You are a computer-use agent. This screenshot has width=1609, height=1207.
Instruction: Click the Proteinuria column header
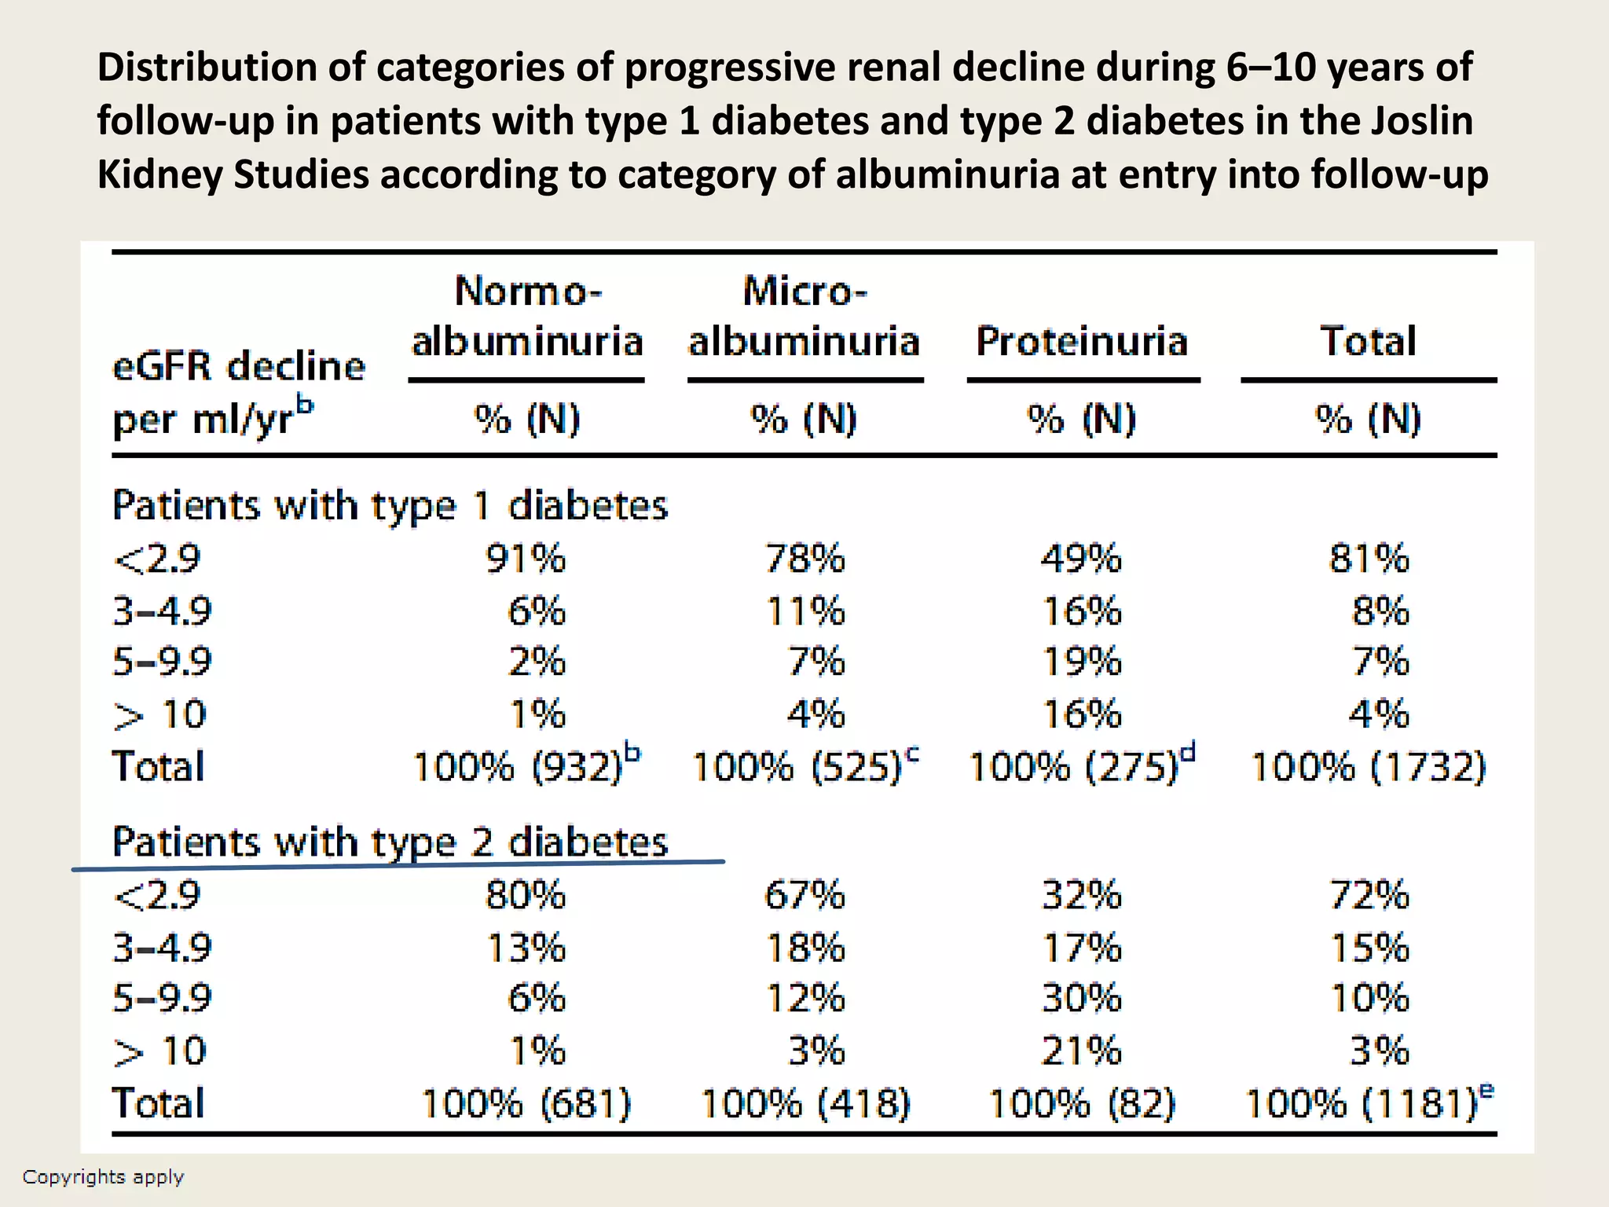(1081, 342)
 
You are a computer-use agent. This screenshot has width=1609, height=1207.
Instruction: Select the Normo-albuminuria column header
(527, 317)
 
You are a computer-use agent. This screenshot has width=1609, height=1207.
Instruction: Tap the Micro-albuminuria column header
(804, 317)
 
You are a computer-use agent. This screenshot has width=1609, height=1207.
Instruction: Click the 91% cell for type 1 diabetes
(525, 559)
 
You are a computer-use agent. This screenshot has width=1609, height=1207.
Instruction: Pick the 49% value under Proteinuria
(1081, 559)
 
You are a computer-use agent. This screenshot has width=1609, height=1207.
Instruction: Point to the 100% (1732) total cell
(1368, 767)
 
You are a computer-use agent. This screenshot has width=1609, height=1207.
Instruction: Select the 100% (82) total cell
(1081, 1103)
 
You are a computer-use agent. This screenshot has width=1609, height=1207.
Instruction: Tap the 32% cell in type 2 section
(1081, 895)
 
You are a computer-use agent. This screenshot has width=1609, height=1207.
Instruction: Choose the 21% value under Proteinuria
(1081, 1051)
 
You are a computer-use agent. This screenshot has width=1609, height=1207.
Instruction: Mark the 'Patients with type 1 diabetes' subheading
(390, 505)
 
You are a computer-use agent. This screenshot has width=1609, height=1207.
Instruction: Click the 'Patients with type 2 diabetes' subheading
(390, 842)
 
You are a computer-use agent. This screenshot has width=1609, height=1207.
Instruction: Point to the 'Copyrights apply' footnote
(103, 1176)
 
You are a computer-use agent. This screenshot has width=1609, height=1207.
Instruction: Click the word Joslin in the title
(1421, 121)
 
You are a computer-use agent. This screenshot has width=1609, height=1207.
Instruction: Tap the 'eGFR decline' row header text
(239, 367)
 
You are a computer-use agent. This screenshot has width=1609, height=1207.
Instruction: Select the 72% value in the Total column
(1369, 895)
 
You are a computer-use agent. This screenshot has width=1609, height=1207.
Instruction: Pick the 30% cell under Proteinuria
(1081, 999)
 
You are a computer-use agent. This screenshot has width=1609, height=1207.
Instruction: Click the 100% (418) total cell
(804, 1103)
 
